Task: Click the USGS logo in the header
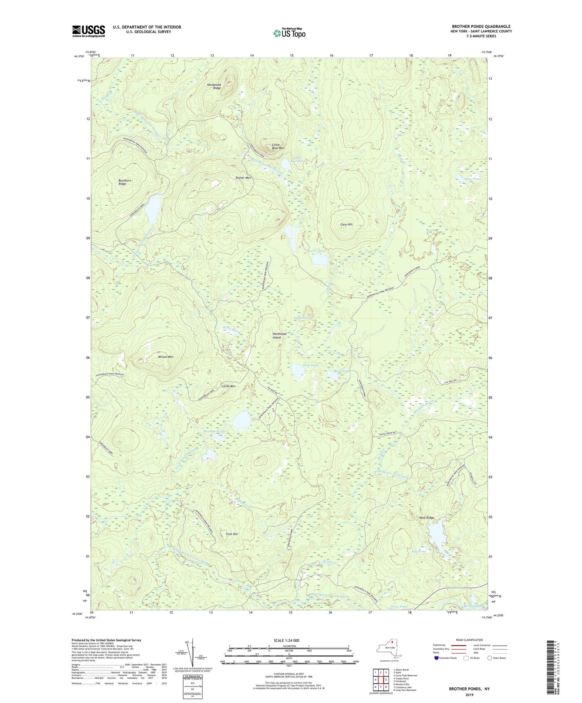[x=89, y=31]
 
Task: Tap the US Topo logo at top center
[x=289, y=33]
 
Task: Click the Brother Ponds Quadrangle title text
[x=481, y=27]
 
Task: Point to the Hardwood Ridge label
[x=214, y=86]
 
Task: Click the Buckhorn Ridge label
[x=124, y=182]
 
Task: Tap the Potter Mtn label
[x=243, y=178]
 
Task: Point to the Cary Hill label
[x=346, y=225]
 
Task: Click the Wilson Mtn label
[x=166, y=357]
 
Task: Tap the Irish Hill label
[x=232, y=534]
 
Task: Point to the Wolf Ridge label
[x=427, y=517]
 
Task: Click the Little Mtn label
[x=228, y=386]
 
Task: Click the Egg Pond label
[x=419, y=551]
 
